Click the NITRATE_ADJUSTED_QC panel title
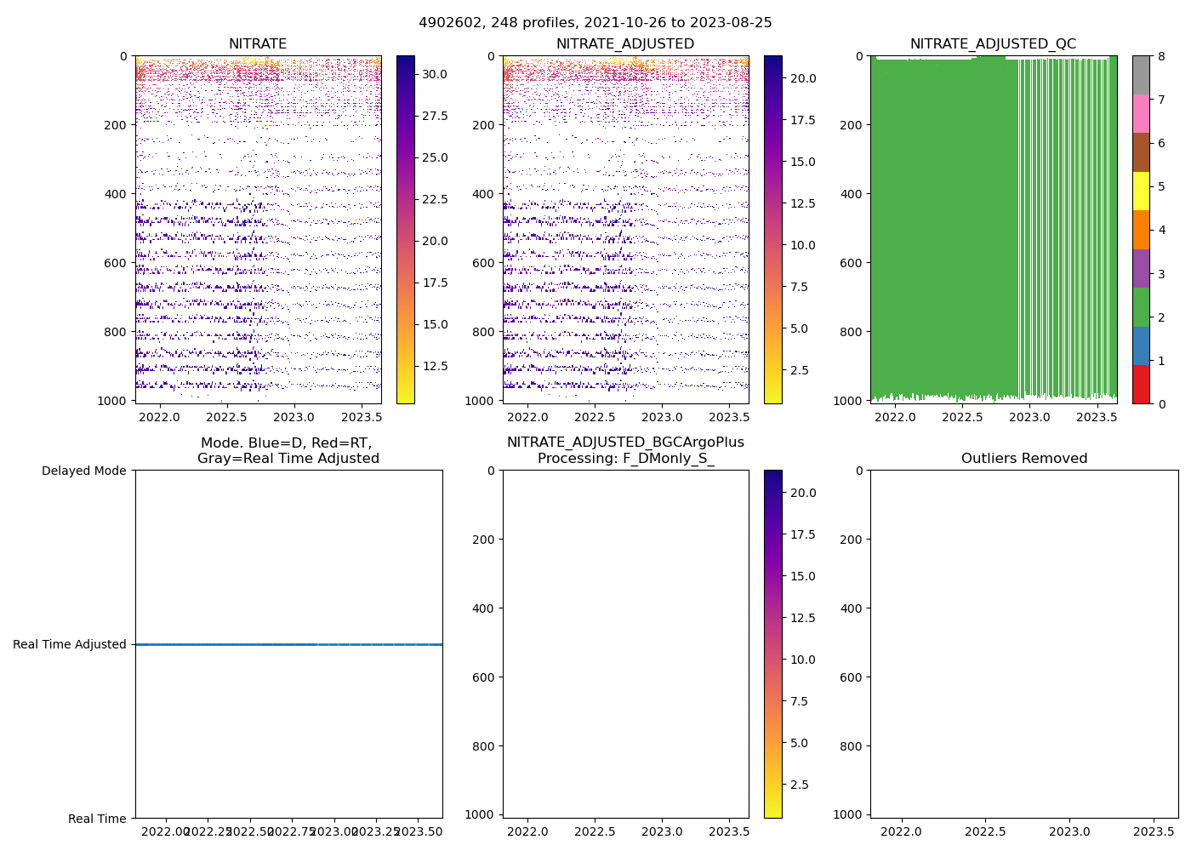click(993, 44)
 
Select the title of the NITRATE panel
click(258, 44)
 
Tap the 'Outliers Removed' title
click(1024, 459)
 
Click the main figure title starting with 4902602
click(595, 23)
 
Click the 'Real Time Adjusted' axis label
click(70, 644)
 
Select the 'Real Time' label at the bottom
click(97, 819)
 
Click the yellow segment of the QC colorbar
click(1141, 191)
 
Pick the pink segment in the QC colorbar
click(1141, 113)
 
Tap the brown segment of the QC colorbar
click(1141, 152)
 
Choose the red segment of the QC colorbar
click(1141, 385)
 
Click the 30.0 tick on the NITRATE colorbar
click(435, 74)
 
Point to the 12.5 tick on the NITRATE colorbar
click(435, 366)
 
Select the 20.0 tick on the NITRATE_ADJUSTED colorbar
click(804, 78)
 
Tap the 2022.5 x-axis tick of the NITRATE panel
click(226, 417)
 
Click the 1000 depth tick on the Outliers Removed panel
click(852, 814)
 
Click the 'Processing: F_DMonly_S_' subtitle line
click(625, 459)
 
